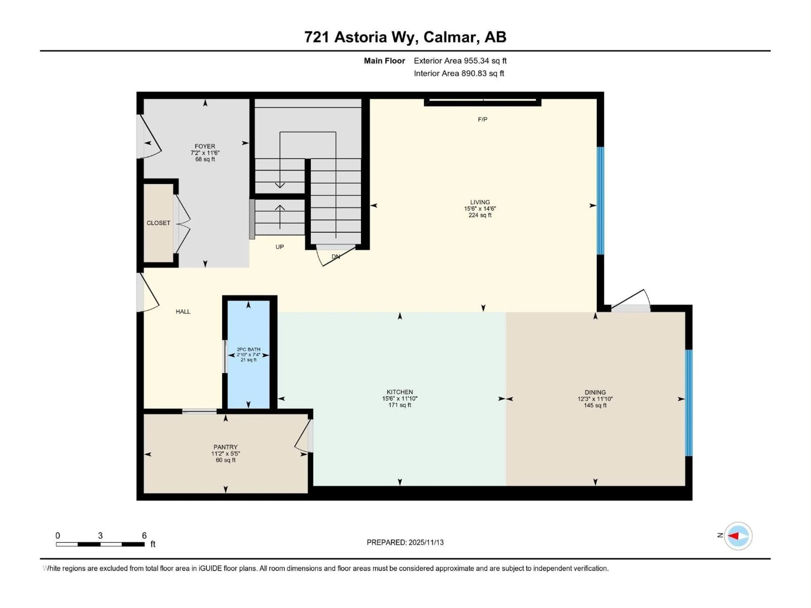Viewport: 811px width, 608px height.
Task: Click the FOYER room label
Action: [x=205, y=146]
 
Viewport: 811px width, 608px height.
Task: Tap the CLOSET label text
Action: [x=158, y=223]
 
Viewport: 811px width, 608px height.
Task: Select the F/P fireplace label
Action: [x=483, y=119]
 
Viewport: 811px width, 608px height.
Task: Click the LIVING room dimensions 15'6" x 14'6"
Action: [x=480, y=209]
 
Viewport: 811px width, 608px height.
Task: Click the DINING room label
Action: [x=595, y=392]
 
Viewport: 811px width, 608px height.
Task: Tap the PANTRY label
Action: [x=226, y=447]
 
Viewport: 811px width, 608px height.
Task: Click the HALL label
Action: [x=183, y=312]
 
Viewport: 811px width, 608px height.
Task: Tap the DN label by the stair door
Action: [x=335, y=256]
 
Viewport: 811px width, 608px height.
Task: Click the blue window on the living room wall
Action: [x=600, y=201]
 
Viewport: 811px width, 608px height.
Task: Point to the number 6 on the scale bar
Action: [x=144, y=535]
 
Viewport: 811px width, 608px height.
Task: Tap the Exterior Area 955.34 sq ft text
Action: [x=460, y=61]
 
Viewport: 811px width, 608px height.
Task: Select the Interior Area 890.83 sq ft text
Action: [x=459, y=73]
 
